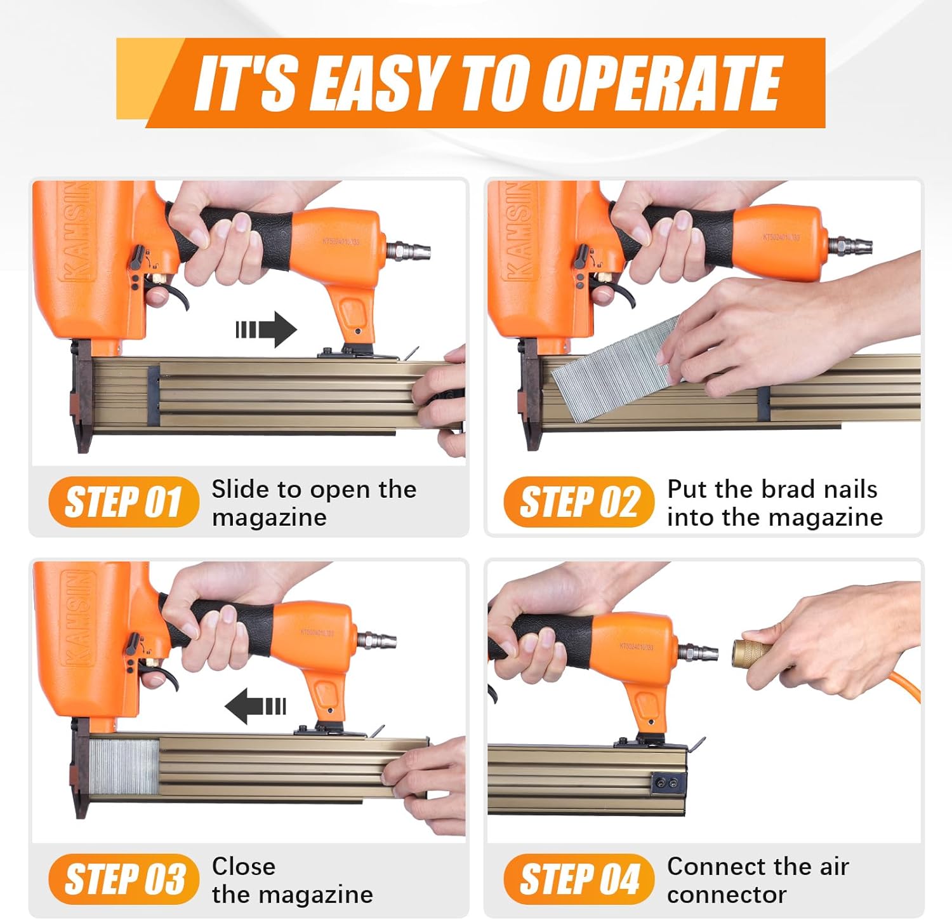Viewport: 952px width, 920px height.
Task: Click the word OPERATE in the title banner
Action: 663,83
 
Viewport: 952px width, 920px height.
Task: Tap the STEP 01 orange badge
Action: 123,502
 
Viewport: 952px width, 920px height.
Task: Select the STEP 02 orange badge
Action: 578,502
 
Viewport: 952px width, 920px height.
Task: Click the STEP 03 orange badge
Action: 123,879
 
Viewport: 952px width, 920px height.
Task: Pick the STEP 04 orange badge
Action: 578,879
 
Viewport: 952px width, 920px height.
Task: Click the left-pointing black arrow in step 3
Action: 255,706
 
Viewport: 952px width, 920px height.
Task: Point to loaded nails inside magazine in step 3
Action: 123,767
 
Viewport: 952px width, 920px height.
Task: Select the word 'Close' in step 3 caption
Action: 244,867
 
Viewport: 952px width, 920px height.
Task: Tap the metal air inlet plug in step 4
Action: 698,651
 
